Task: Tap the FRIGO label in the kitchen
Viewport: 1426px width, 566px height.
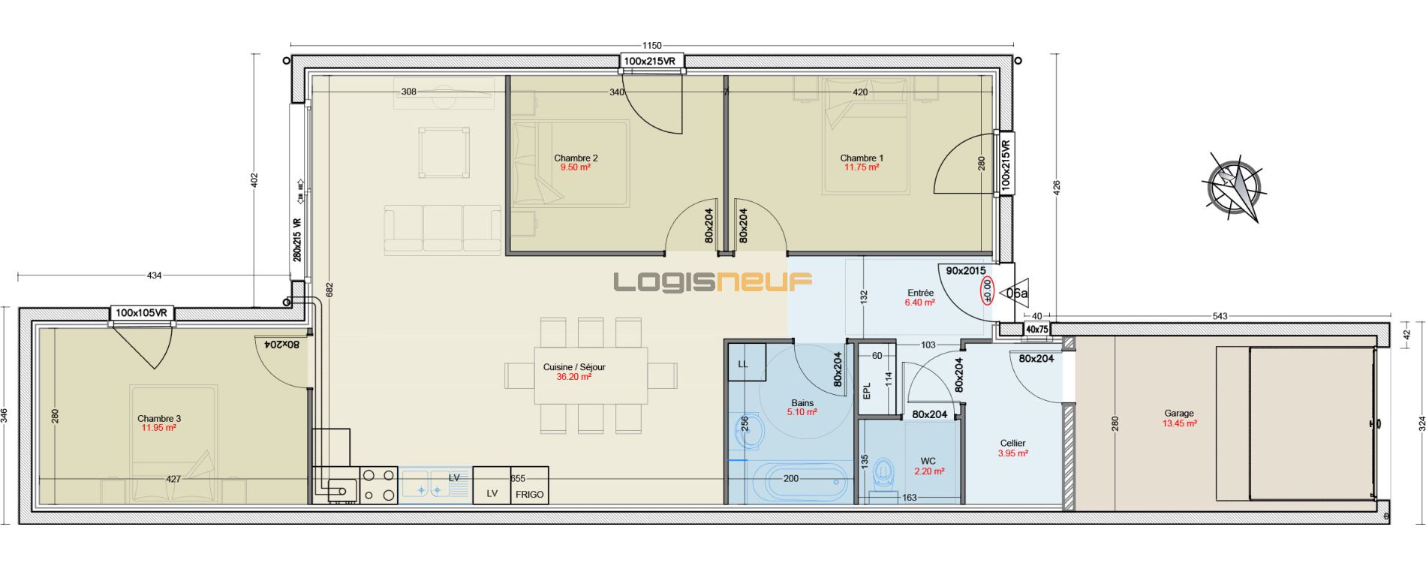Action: coord(529,495)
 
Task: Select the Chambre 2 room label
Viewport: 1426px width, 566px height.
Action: coord(576,158)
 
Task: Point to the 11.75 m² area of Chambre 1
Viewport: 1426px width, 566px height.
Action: coord(862,167)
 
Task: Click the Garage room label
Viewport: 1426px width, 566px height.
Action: coord(1179,413)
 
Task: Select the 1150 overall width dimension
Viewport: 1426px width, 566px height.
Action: coord(651,46)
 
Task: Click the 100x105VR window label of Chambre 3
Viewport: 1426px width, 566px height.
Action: coord(143,313)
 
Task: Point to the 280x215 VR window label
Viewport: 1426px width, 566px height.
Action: coord(297,239)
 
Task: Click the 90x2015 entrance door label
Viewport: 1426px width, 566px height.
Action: coord(965,271)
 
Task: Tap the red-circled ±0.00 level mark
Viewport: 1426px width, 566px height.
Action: coord(988,291)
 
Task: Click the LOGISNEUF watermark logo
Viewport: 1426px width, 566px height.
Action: coord(713,281)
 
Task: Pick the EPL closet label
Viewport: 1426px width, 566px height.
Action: coord(867,391)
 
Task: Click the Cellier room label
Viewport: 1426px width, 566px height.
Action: coord(1012,443)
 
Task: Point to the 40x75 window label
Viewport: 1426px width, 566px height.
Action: coord(1036,330)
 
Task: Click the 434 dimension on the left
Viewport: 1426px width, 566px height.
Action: coord(154,275)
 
